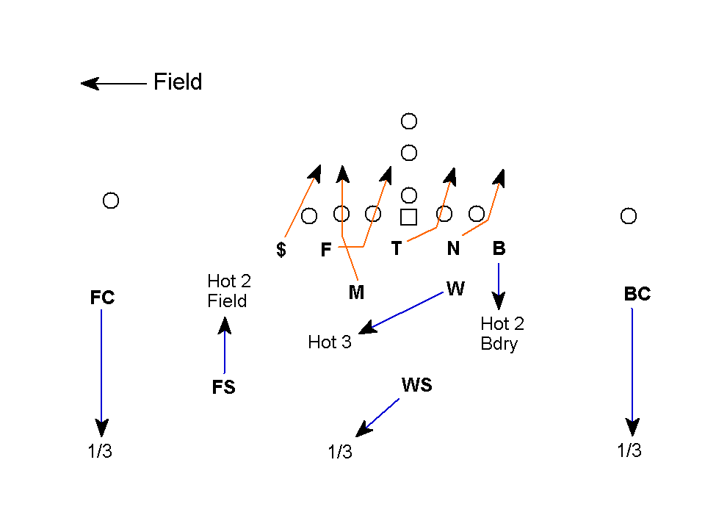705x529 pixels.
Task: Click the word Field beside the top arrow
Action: pos(178,82)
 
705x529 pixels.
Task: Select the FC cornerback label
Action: pos(102,298)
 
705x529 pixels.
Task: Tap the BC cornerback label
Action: pos(637,294)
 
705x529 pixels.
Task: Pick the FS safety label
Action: pos(224,387)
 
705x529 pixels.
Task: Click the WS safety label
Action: pos(416,385)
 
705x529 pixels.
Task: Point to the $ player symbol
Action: pos(281,250)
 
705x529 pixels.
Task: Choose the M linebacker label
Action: pos(356,292)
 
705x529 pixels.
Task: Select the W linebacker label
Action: pos(455,289)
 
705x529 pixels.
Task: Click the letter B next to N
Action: pos(499,248)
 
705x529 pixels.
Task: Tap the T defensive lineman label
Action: pos(397,248)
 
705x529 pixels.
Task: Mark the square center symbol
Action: pos(409,217)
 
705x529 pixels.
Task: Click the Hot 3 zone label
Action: pos(330,342)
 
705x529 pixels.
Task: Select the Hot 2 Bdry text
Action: pos(502,334)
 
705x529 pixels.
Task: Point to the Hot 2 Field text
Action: pos(229,291)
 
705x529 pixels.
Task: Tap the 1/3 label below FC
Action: pos(100,451)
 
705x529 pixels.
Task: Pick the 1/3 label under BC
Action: pos(629,450)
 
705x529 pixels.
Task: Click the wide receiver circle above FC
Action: pos(111,201)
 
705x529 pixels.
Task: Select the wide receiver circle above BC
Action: pos(628,216)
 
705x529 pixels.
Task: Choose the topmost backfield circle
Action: pos(409,121)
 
